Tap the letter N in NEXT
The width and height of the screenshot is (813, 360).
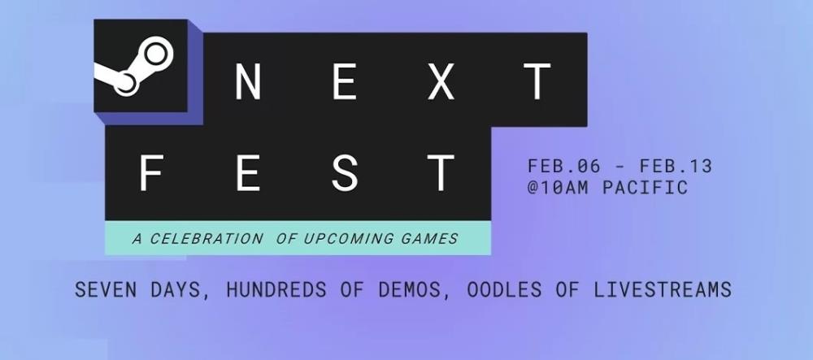(x=248, y=81)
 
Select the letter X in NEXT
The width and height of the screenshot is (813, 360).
(x=441, y=81)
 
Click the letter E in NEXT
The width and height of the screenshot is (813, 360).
(x=344, y=81)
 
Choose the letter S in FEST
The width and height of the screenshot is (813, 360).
(x=345, y=172)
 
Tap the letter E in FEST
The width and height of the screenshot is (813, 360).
(x=248, y=172)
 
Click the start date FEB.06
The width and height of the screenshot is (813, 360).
(x=564, y=167)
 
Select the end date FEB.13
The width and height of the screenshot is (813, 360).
(x=676, y=167)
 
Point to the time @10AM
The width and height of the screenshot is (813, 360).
(x=558, y=187)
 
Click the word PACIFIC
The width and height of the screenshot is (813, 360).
(x=645, y=187)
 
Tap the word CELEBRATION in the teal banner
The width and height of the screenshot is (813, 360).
(x=207, y=239)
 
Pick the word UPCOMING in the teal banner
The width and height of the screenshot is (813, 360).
(x=348, y=239)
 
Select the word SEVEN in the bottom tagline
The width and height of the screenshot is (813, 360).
(x=107, y=289)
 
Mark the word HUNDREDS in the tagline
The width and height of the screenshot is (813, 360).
(x=276, y=289)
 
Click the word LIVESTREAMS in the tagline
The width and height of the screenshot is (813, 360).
(x=662, y=289)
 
